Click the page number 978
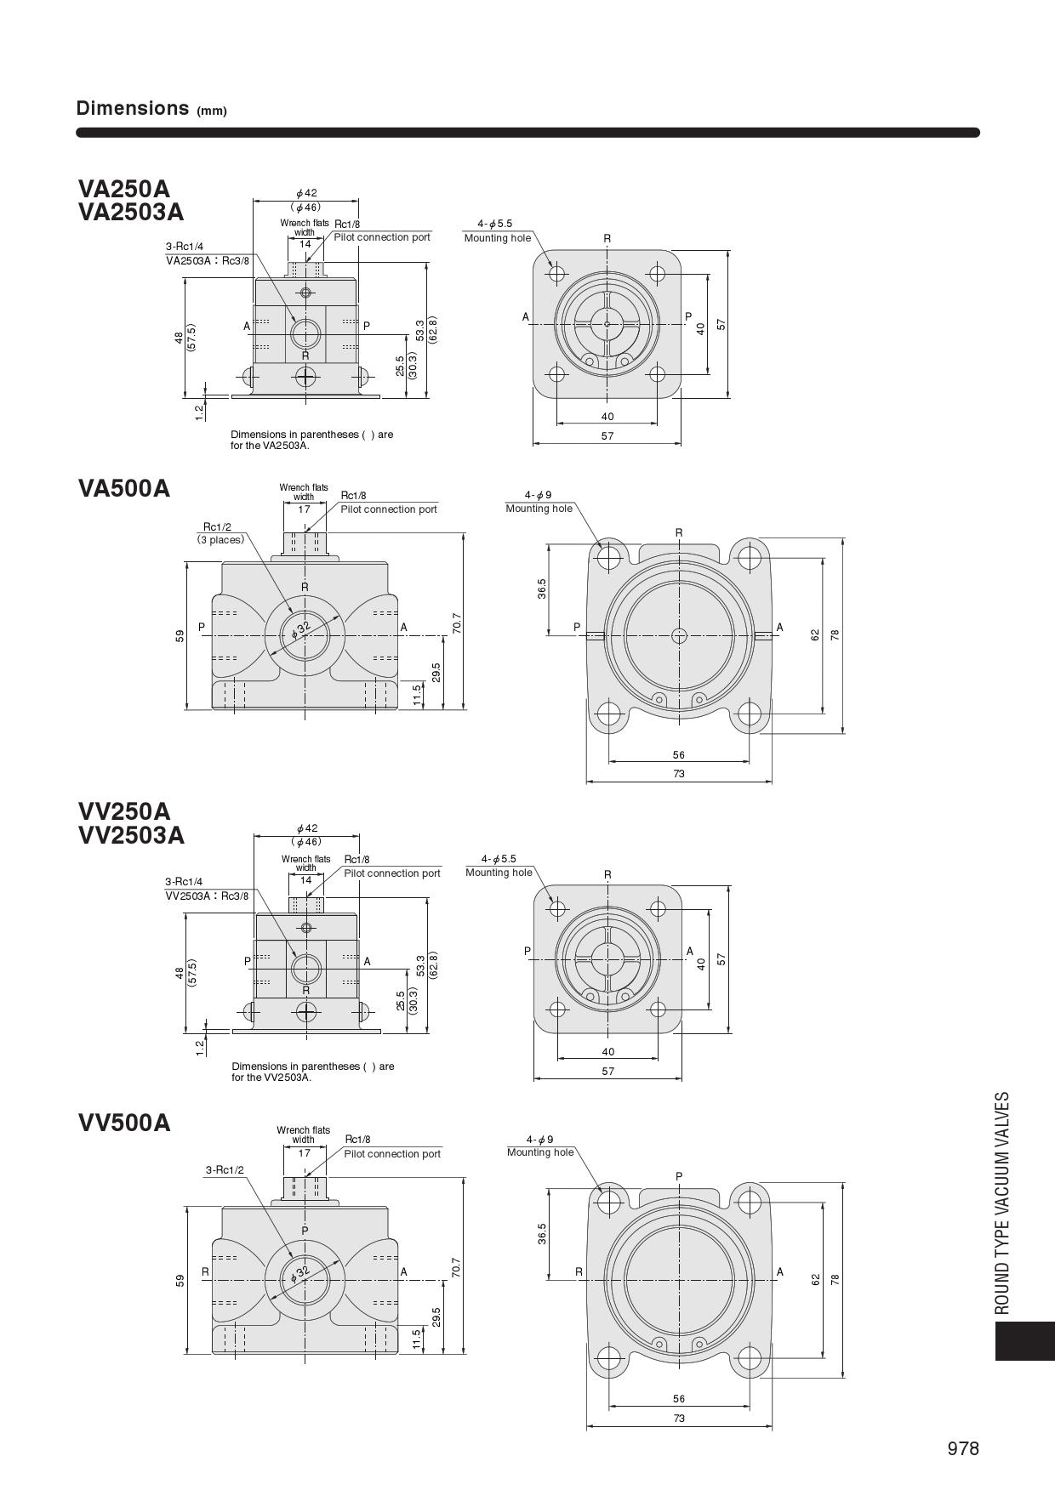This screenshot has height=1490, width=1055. (x=963, y=1449)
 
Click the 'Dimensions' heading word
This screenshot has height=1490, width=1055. (x=132, y=108)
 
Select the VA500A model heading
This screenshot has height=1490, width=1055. (x=124, y=488)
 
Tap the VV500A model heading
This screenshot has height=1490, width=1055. (x=124, y=1123)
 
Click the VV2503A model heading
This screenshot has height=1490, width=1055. (x=131, y=835)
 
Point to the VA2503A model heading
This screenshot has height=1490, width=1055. (x=131, y=211)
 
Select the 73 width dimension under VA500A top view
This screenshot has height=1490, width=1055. (x=678, y=774)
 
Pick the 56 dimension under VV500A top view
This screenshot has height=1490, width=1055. (x=678, y=1399)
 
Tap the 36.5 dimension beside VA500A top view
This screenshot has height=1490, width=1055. (x=542, y=588)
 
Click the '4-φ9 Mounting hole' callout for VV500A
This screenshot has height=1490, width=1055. (x=539, y=1146)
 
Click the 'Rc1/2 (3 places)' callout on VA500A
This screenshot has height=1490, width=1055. (x=220, y=533)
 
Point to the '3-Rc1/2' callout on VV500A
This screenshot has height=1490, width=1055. (x=225, y=1170)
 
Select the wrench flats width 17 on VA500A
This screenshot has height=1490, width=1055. (x=304, y=509)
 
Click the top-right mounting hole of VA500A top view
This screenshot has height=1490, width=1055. (x=749, y=558)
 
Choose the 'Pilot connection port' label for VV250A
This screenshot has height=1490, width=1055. (x=392, y=873)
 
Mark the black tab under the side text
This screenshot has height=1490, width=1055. (x=1024, y=1340)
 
